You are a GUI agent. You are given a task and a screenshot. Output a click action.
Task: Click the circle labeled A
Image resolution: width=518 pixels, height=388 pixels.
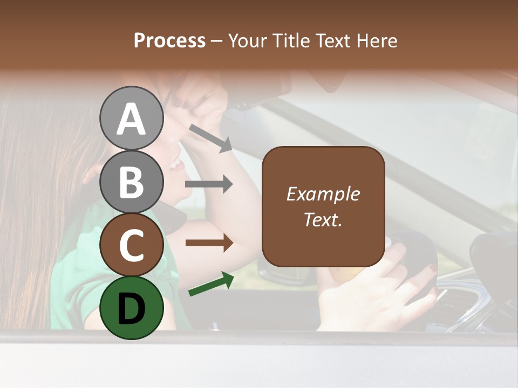point(131,118)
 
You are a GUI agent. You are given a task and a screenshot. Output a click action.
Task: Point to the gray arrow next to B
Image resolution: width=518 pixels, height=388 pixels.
point(209,184)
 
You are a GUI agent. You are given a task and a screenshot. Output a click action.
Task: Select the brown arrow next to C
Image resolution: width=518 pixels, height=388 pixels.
point(209,243)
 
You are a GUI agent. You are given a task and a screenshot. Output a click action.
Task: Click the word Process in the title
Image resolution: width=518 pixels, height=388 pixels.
point(169,41)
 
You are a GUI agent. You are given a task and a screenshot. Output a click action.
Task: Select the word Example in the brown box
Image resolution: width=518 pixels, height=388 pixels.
point(323,194)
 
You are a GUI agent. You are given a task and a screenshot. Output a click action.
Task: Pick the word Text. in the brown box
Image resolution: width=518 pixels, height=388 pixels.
point(323,219)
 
